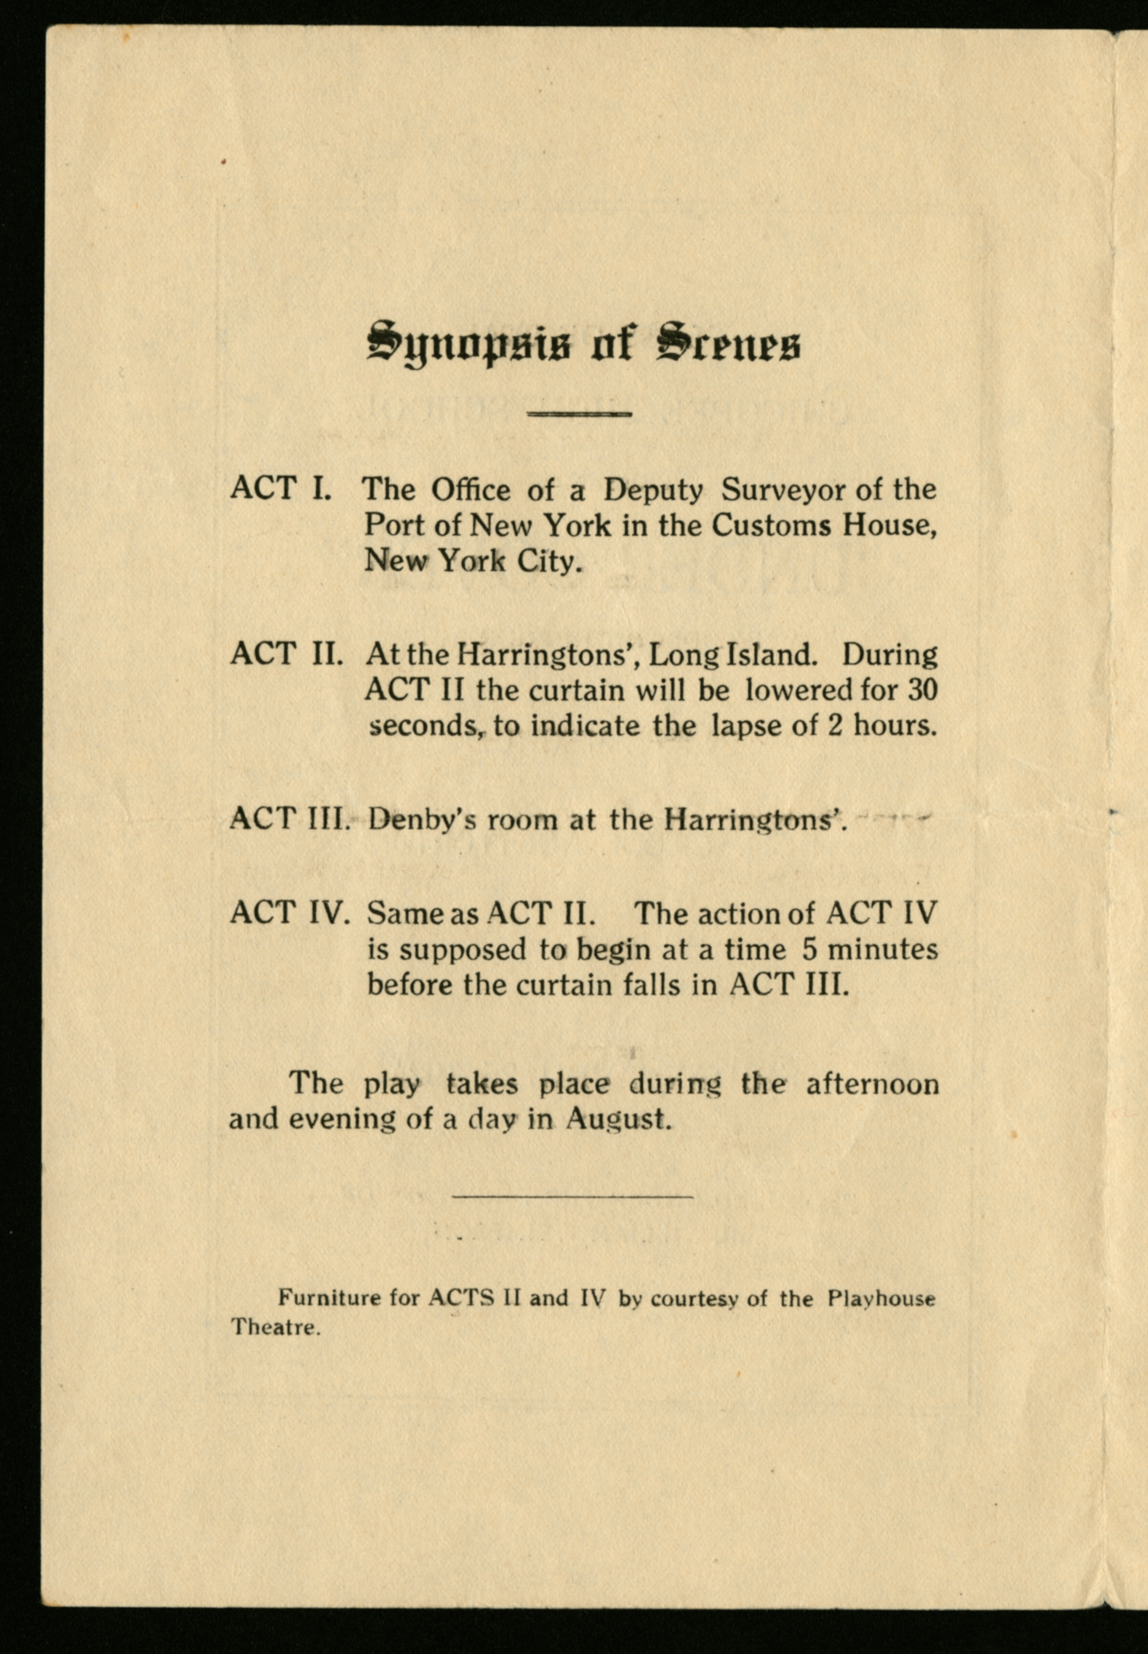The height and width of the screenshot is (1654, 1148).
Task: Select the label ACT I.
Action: [281, 489]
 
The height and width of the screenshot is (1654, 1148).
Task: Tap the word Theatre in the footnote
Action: [275, 1327]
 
